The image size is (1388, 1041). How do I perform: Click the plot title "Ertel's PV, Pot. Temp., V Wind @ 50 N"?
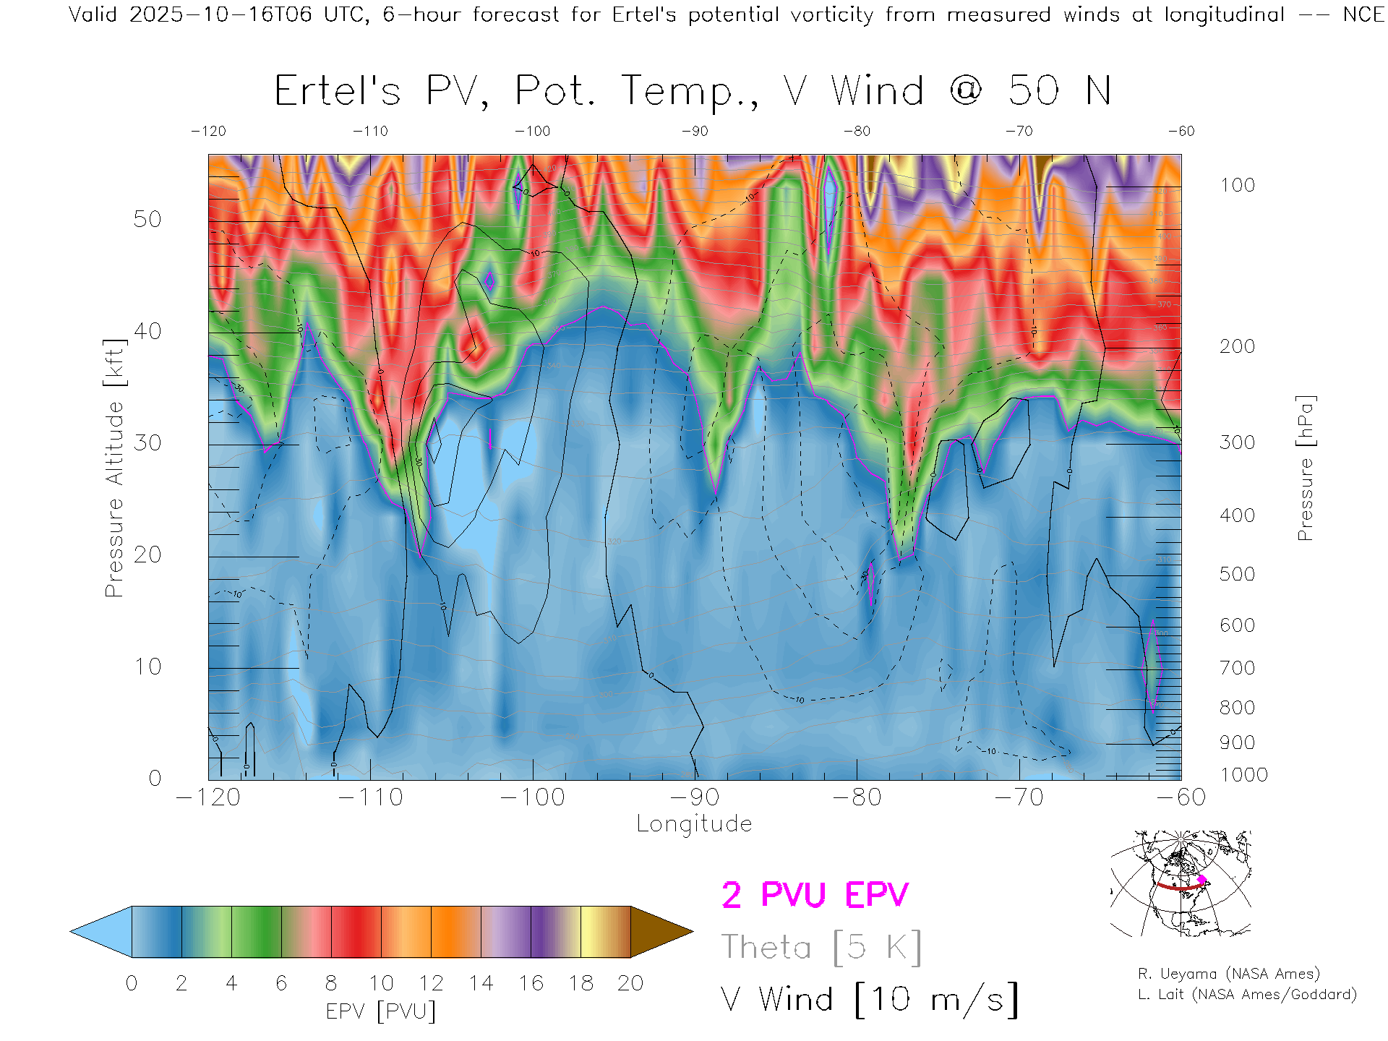click(693, 92)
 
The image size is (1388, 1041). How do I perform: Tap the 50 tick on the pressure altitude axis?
click(147, 219)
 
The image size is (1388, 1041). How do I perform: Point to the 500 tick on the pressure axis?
click(1237, 574)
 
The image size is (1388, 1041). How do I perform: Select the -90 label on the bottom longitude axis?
click(695, 797)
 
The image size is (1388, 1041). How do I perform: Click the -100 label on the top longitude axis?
click(533, 131)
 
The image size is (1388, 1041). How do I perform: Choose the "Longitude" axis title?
click(694, 824)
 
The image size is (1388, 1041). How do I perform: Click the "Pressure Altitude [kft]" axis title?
click(115, 468)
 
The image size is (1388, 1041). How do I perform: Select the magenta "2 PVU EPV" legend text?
click(815, 895)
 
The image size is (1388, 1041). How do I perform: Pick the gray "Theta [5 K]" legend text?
click(821, 947)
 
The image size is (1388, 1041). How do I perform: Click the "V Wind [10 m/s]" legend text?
click(869, 1000)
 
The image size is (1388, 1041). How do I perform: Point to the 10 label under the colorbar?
click(381, 983)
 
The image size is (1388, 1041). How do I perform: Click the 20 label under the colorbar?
click(630, 983)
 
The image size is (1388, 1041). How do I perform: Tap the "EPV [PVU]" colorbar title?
click(381, 1011)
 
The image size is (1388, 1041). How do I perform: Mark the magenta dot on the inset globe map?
click(1202, 880)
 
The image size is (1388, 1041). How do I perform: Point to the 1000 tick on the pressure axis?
click(1243, 775)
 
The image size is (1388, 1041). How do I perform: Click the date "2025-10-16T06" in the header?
click(220, 14)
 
